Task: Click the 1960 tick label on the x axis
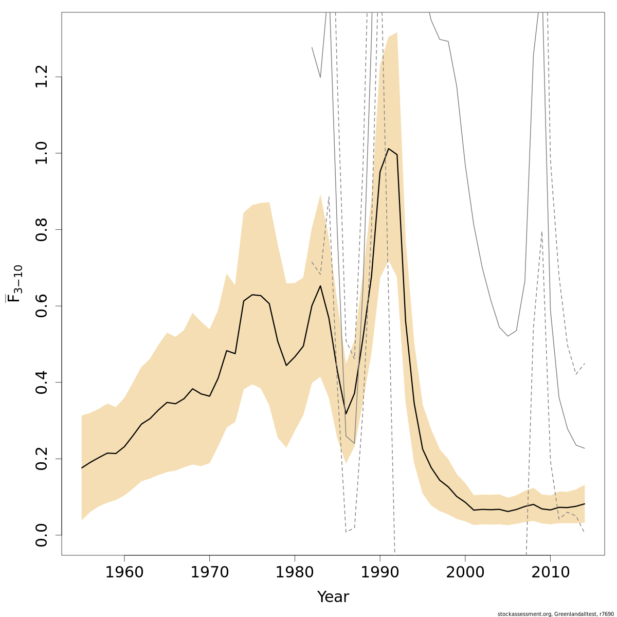click(x=124, y=572)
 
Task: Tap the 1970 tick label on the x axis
click(x=209, y=572)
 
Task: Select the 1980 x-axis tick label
click(x=295, y=572)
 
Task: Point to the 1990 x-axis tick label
click(x=380, y=572)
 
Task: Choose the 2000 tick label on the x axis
click(x=465, y=572)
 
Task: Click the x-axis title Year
click(x=333, y=597)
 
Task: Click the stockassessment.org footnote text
click(x=555, y=613)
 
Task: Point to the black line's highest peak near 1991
click(x=388, y=149)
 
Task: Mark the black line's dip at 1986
click(x=346, y=413)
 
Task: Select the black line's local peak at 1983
click(x=320, y=286)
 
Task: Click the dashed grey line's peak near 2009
click(x=542, y=232)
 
